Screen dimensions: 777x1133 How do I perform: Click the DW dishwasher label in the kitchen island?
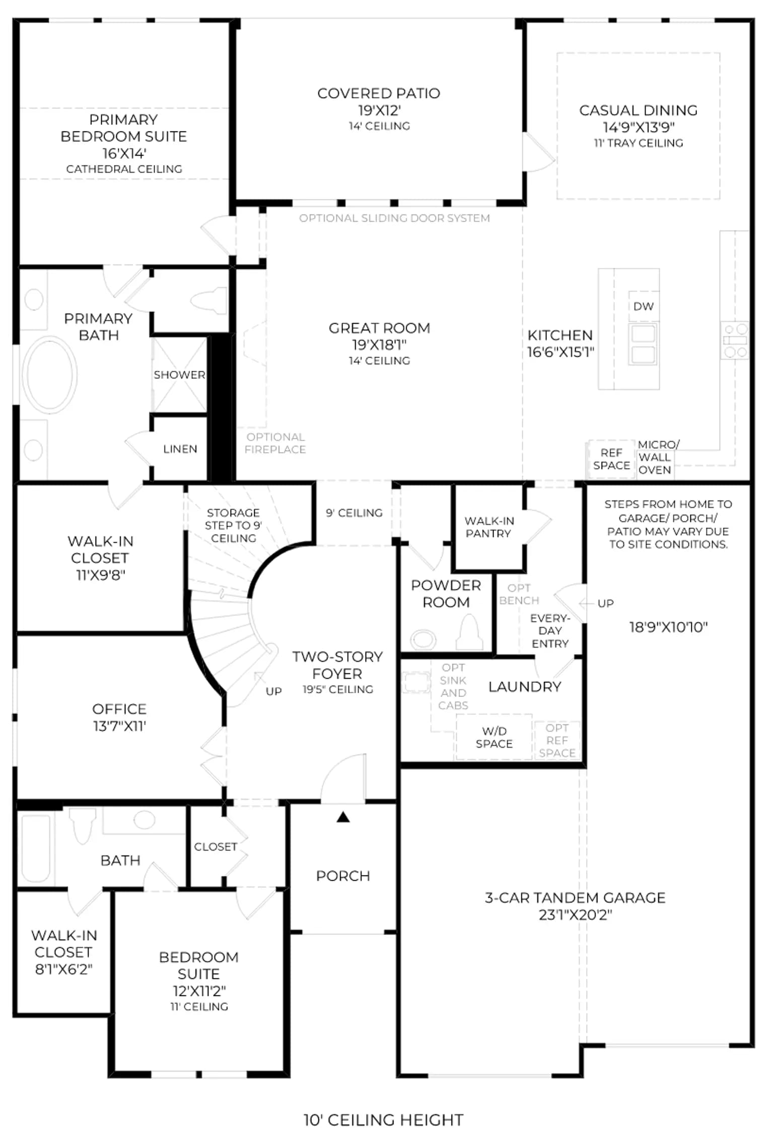point(643,306)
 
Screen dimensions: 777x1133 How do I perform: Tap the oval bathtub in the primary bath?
point(49,375)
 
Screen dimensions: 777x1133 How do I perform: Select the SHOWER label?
point(179,375)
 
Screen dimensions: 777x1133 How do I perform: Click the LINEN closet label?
point(180,449)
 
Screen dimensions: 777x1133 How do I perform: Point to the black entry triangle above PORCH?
point(343,817)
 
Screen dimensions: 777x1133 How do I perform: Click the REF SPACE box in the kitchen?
point(611,459)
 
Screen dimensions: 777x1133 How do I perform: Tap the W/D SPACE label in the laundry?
point(494,737)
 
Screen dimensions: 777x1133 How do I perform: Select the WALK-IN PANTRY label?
point(489,527)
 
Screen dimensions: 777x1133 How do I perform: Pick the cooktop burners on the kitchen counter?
point(735,340)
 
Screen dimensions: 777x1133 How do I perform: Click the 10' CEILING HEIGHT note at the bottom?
point(383,1119)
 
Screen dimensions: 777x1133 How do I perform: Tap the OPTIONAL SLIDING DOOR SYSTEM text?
point(394,218)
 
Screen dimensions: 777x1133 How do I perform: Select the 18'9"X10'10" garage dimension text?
point(668,627)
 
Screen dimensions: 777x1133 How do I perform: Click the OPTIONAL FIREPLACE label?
point(275,443)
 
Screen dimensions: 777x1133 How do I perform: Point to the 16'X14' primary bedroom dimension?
point(124,153)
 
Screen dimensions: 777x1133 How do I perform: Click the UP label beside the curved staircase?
point(273,691)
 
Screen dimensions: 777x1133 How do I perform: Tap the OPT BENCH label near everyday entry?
point(519,594)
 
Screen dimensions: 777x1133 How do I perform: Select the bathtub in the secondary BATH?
point(36,848)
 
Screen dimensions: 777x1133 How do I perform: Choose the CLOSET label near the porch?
point(216,846)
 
